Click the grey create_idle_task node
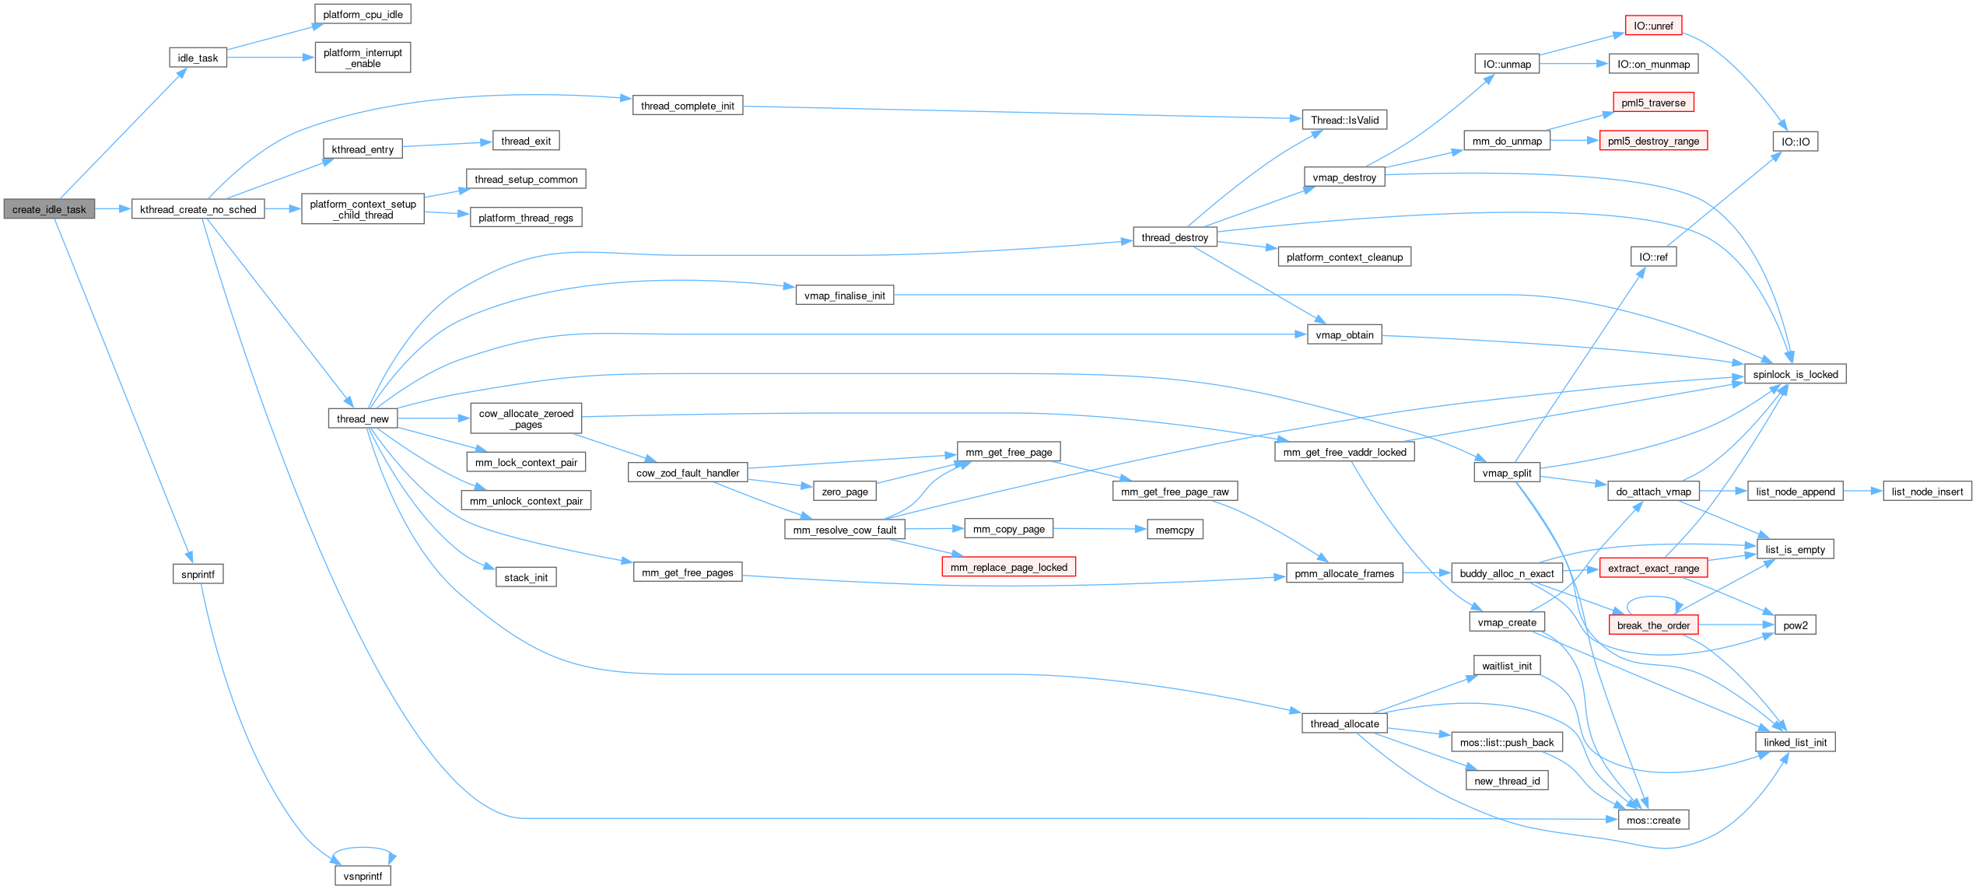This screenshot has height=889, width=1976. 49,209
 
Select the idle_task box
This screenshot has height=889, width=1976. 198,58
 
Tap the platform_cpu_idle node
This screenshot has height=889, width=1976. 363,14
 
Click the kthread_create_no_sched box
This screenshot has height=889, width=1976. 198,209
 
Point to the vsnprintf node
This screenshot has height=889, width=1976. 363,876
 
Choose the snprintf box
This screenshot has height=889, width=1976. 198,574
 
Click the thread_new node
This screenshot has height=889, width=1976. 363,418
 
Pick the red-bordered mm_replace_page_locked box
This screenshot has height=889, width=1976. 1008,567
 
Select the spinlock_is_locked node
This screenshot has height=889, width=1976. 1795,374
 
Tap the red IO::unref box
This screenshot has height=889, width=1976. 1653,26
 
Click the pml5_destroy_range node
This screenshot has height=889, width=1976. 1653,141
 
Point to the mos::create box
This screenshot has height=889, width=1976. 1653,820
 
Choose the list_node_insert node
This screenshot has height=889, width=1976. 1927,492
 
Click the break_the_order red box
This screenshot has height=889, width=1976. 1653,625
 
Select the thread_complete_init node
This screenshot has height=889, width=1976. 688,106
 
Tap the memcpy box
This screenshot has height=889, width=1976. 1175,530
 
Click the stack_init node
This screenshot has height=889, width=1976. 526,577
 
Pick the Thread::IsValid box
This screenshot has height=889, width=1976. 1344,120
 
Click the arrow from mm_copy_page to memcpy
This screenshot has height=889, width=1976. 1100,529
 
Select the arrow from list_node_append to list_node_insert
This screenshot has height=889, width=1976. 1862,491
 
